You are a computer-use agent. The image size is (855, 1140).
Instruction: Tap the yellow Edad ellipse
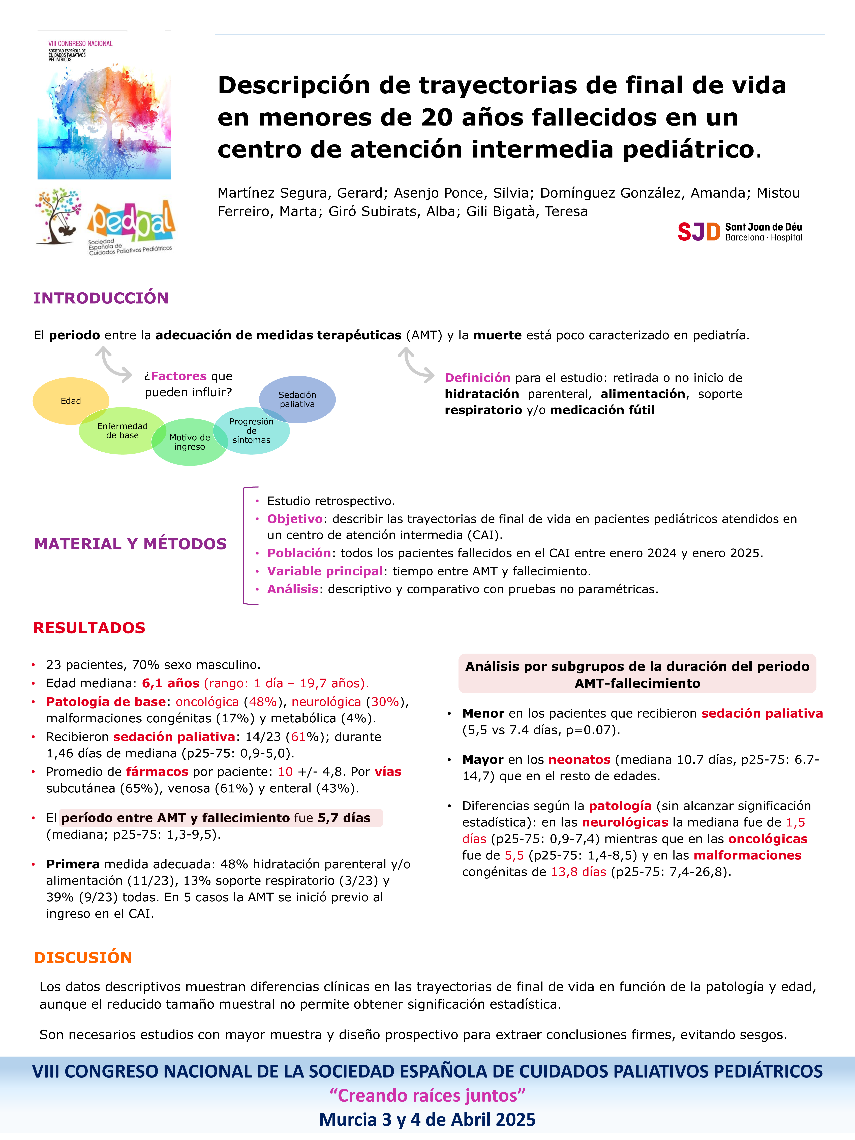pyautogui.click(x=71, y=401)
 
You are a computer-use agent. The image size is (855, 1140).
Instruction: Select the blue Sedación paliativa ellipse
pyautogui.click(x=297, y=399)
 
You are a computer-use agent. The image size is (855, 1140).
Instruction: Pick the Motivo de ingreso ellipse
pyautogui.click(x=190, y=442)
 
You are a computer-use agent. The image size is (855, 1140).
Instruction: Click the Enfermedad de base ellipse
pyautogui.click(x=122, y=431)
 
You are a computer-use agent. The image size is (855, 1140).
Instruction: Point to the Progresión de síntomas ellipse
pyautogui.click(x=252, y=431)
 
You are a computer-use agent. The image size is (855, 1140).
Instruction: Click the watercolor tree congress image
pyautogui.click(x=104, y=121)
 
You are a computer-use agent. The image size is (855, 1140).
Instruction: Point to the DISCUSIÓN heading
pyautogui.click(x=83, y=958)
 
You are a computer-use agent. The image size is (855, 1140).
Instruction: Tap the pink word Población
pyautogui.click(x=299, y=553)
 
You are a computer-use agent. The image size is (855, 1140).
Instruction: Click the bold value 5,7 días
pyautogui.click(x=344, y=818)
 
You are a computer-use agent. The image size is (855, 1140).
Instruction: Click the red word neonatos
pyautogui.click(x=579, y=760)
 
